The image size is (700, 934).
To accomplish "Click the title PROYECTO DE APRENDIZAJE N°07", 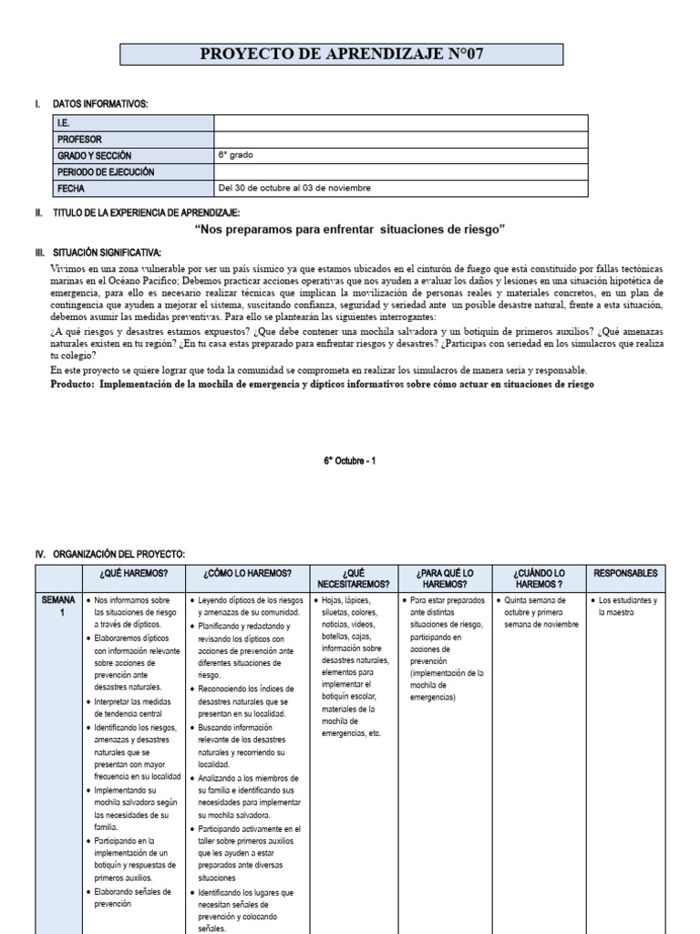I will coord(349,55).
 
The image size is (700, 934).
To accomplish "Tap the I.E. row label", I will coord(63,123).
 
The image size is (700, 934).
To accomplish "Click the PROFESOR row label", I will coord(79,140).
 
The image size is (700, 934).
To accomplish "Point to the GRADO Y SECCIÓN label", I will coord(98,156).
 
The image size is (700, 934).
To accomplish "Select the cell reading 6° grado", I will coord(235,156).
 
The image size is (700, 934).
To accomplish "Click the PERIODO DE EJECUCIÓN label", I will coord(106,172).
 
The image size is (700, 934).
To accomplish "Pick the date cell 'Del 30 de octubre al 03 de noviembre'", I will coord(295,189).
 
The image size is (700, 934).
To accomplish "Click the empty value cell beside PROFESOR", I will coord(401,140).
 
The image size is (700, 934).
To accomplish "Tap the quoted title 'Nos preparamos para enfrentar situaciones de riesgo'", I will coord(350,229).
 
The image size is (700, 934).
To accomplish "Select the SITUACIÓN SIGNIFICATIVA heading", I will coord(108,251).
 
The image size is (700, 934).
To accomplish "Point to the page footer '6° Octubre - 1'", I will coord(350,462).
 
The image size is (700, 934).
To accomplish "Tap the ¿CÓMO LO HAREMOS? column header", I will coord(248,573).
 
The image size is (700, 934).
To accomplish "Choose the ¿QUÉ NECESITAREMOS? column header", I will coord(354,578).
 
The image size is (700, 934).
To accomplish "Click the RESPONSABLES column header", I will coord(624,573).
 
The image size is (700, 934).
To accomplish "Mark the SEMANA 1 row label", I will coord(58,607).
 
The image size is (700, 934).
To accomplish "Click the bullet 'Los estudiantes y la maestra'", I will coord(627,607).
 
